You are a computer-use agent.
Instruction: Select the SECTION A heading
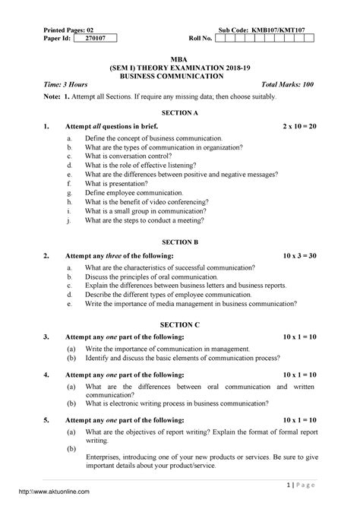pyautogui.click(x=179, y=112)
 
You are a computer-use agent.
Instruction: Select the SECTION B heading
pyautogui.click(x=179, y=240)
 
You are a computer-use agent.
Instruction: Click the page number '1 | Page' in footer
pyautogui.click(x=302, y=484)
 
